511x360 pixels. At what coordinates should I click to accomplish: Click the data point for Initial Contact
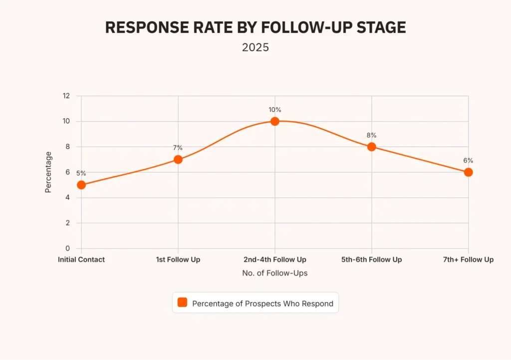coord(81,185)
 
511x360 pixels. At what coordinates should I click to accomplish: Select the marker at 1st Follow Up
coord(178,160)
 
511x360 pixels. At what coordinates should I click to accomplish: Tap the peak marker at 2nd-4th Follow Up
coord(275,121)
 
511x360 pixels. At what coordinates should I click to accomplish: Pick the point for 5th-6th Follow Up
coord(372,147)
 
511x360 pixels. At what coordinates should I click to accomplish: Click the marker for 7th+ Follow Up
coord(468,172)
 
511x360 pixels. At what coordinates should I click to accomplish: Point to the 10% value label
coord(275,109)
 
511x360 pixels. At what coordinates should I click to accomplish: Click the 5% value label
coord(81,173)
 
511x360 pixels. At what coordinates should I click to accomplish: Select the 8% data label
coord(372,135)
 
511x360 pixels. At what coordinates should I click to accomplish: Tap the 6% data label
coord(468,161)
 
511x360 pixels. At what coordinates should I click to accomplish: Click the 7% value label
coord(178,148)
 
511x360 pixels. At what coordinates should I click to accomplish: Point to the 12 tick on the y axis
coord(66,96)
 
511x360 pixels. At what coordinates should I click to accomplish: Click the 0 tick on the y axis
coord(67,249)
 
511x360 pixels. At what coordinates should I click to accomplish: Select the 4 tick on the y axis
coord(67,198)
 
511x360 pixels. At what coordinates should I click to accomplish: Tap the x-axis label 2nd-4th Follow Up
coord(275,260)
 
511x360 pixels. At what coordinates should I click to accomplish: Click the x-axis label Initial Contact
coord(81,260)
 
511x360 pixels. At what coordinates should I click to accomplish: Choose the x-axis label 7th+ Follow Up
coord(468,260)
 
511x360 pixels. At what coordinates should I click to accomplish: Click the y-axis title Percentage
coord(48,172)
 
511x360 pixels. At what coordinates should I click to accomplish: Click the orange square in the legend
coord(183,303)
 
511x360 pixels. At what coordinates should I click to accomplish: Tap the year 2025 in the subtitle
coord(255,48)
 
